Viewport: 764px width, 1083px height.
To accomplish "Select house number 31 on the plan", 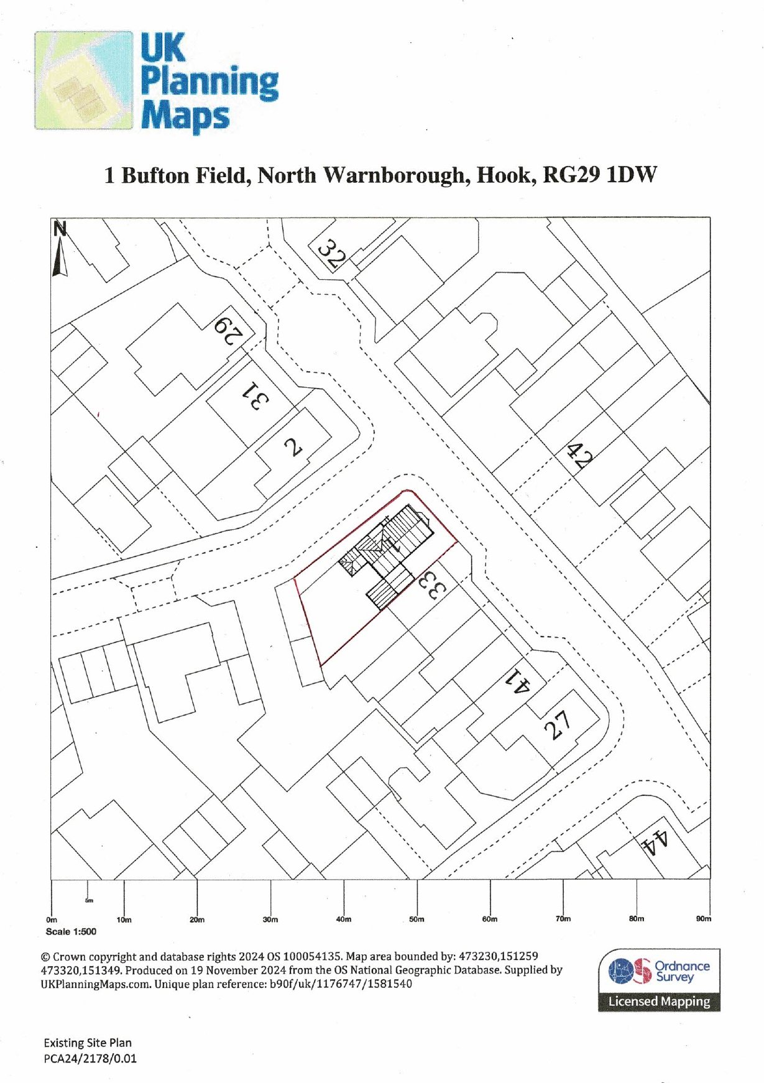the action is (256, 395).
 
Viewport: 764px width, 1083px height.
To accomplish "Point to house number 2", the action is (293, 446).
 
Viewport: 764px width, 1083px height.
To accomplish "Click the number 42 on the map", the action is (580, 456).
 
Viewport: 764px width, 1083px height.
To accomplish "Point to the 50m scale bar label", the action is (417, 919).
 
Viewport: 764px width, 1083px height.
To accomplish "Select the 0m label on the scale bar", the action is (52, 919).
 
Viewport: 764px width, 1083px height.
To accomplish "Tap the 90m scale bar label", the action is (704, 918).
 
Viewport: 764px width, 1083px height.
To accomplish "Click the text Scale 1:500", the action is (71, 931).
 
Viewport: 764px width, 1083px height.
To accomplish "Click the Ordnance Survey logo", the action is (659, 980).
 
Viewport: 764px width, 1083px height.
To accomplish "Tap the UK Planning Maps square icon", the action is (84, 80).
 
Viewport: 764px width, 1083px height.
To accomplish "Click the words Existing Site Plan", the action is (88, 1043).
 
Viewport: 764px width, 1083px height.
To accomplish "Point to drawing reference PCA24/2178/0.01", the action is (90, 1058).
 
